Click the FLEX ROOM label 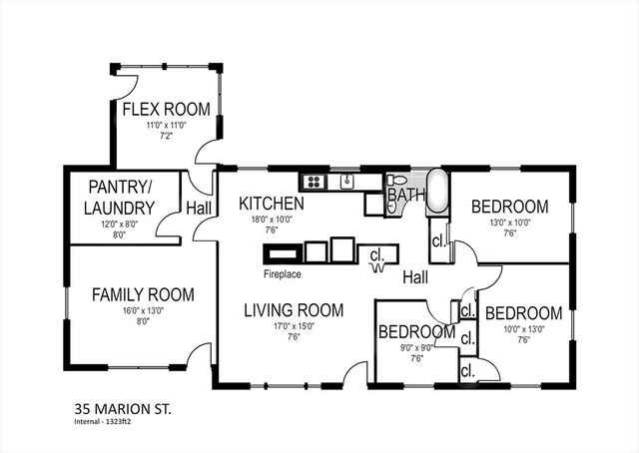pos(164,109)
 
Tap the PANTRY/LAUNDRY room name pos(121,198)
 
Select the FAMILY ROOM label pos(143,294)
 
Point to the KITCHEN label pos(271,204)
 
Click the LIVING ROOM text pos(294,310)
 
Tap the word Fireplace pos(283,273)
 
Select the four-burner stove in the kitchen pos(314,182)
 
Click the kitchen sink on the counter pos(346,181)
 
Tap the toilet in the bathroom pos(394,181)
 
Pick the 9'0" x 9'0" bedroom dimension pos(416,347)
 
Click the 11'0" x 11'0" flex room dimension pos(164,126)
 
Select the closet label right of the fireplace pos(377,253)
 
